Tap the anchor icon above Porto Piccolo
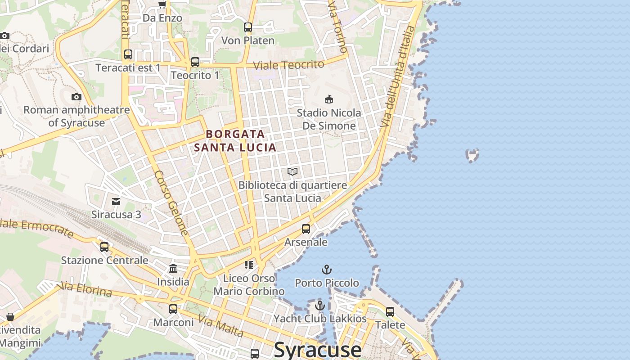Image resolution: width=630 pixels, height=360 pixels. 327,270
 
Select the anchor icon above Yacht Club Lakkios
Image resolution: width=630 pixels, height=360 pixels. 319,306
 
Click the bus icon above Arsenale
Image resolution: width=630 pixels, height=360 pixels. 306,229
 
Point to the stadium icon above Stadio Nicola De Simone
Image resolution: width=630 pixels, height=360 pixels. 329,99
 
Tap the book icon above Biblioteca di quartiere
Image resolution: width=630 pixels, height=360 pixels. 292,171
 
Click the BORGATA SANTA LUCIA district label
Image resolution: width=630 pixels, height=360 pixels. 235,140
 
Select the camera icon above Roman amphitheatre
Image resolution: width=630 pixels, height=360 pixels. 76,97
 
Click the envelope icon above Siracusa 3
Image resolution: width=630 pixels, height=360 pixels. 116,201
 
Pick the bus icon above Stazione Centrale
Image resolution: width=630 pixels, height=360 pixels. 104,247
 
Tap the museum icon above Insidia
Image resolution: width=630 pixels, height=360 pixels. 173,269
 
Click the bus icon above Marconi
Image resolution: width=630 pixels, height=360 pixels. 173,309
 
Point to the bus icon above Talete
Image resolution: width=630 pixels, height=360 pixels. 390,311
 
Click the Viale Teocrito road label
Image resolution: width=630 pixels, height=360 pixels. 288,65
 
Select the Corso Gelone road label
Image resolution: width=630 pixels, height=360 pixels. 171,202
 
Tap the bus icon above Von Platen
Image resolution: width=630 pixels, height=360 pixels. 248,27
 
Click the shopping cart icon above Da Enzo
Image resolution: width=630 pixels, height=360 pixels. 162,4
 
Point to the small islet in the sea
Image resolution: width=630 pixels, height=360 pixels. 472,155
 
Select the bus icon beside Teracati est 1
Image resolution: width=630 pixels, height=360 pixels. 128,54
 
